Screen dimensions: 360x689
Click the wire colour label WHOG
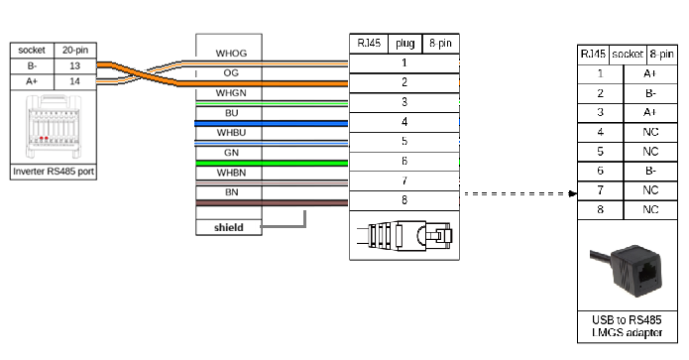[x=231, y=53]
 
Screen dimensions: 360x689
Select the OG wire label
[x=231, y=72]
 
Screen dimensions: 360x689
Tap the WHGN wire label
[x=231, y=92]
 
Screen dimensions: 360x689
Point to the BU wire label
[x=231, y=112]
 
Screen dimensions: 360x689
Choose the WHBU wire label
[x=231, y=132]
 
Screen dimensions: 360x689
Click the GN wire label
[x=231, y=152]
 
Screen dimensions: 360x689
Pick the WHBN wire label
[x=231, y=172]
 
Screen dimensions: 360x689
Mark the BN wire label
[x=231, y=191]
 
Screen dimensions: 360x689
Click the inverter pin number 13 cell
[x=74, y=64]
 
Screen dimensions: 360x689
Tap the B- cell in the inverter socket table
[x=30, y=64]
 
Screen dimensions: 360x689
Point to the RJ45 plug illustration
[x=404, y=237]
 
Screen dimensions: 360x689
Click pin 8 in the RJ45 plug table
[x=403, y=200]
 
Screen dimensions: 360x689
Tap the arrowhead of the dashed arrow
[x=574, y=194]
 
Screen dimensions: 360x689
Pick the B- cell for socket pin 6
[x=649, y=171]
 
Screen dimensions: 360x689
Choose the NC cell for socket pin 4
[x=649, y=131]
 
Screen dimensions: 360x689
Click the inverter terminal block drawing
[x=53, y=128]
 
